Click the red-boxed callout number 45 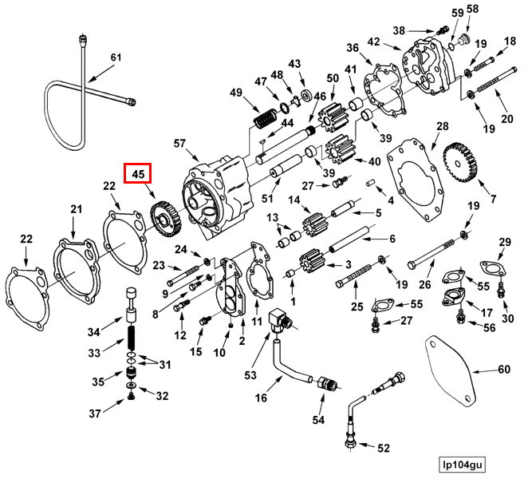137,173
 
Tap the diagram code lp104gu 466,463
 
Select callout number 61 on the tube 116,57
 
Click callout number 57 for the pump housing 179,143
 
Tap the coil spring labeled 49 263,120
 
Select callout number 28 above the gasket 442,127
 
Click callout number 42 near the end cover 374,42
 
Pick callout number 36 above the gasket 353,48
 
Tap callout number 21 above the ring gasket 76,209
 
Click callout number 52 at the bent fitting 383,448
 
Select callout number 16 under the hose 261,398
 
